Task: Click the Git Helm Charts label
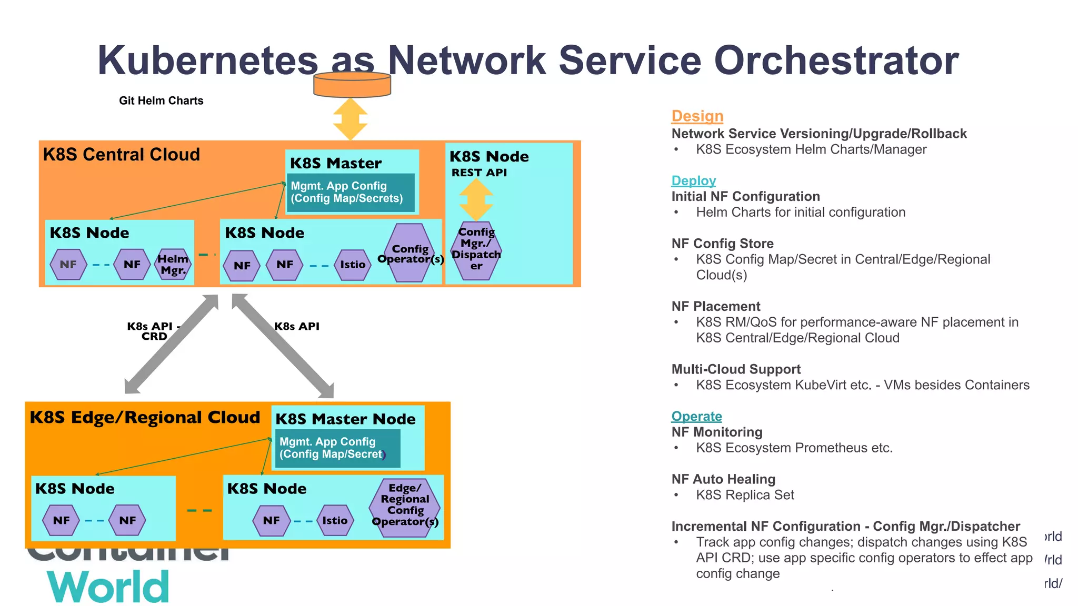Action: point(161,100)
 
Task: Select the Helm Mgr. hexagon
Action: point(173,265)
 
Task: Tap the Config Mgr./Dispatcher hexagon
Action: point(476,249)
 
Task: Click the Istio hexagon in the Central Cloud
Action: point(352,265)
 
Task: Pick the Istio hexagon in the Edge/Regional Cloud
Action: point(335,520)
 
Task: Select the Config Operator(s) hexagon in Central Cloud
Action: point(410,254)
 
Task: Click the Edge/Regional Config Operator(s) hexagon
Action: point(405,506)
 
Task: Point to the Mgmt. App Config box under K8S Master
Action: point(350,193)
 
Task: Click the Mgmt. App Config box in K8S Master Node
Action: point(337,448)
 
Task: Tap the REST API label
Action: point(479,173)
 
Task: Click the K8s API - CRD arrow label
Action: point(153,331)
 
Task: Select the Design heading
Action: point(697,116)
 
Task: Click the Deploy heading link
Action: point(693,180)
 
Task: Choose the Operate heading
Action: point(696,416)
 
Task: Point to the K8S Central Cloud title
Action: point(121,155)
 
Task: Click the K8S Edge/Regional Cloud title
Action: point(145,417)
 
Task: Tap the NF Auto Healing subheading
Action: point(723,479)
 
